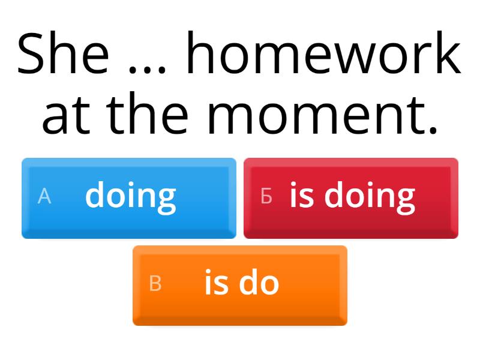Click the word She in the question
[x=64, y=53]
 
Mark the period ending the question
[x=433, y=129]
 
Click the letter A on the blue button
[x=44, y=196]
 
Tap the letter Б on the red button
[x=266, y=196]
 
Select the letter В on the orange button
[x=155, y=284]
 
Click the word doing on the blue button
[x=131, y=196]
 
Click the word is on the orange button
[x=215, y=283]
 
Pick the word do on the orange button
[x=259, y=283]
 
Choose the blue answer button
[x=129, y=198]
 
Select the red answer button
[x=351, y=198]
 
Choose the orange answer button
[x=240, y=286]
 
